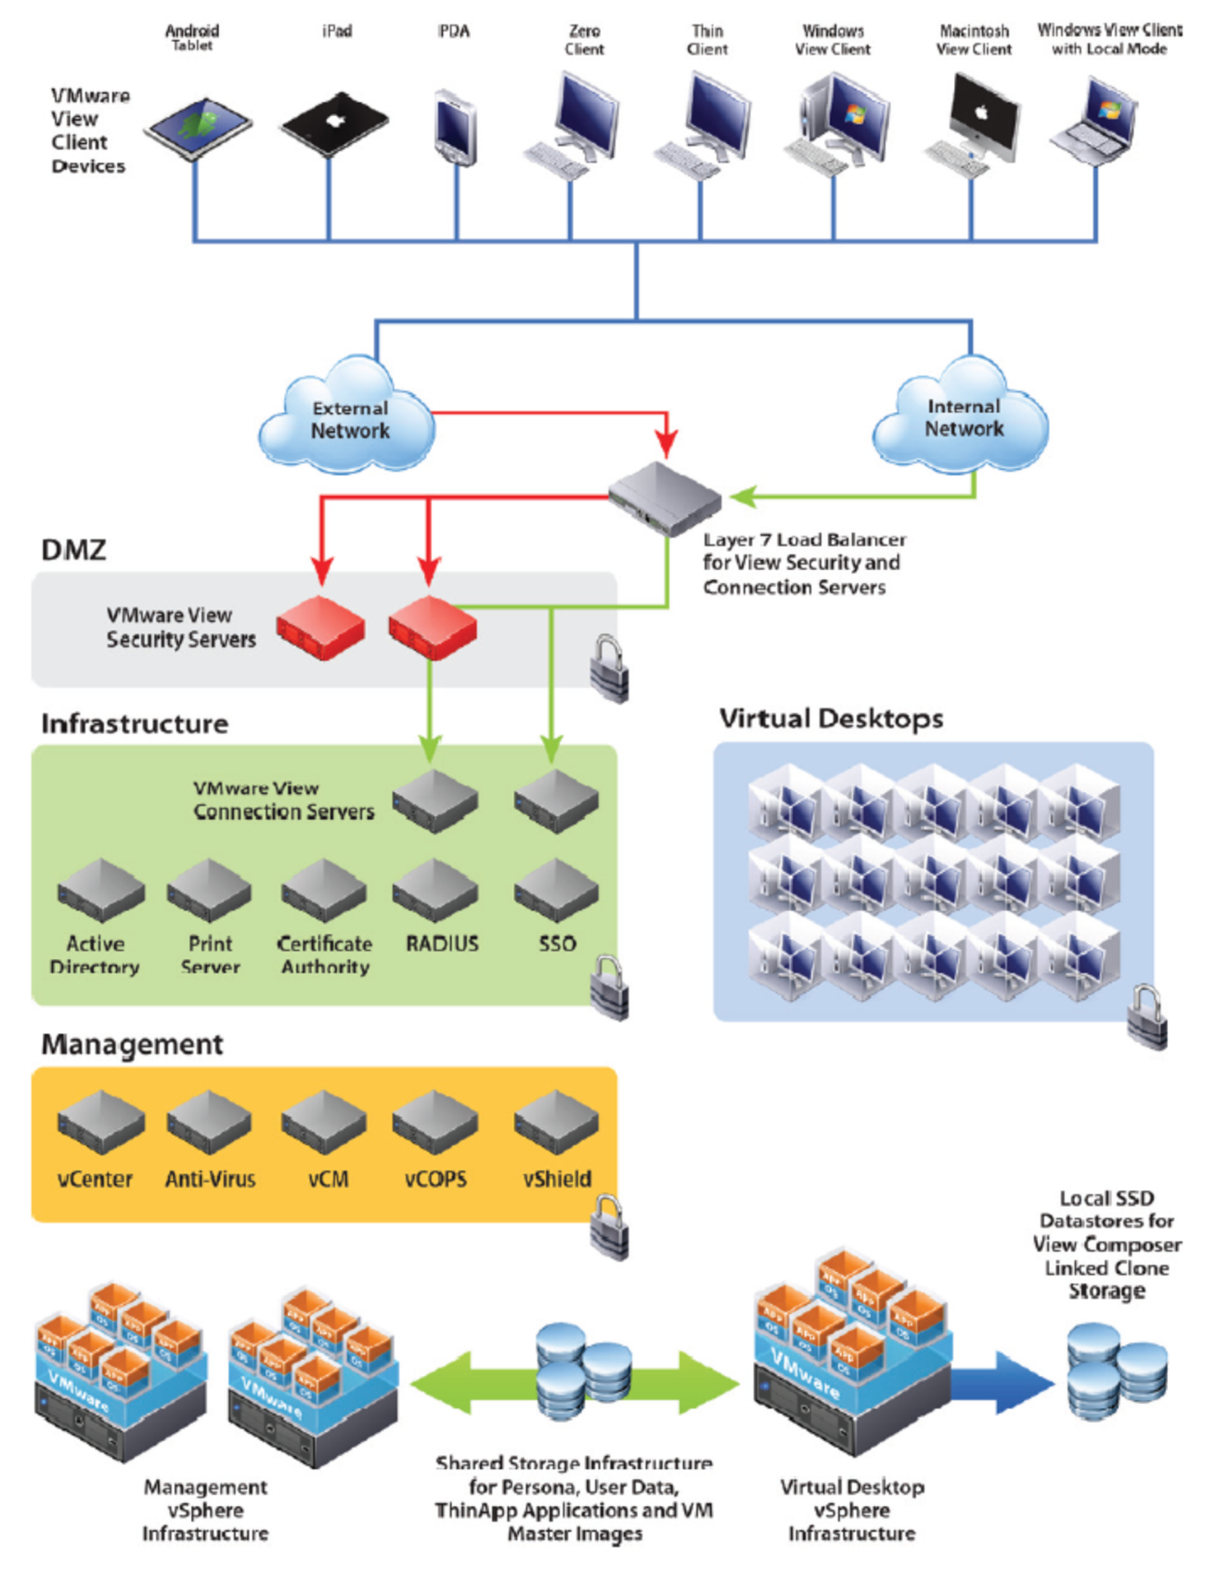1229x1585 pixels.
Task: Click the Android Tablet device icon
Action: pos(198,128)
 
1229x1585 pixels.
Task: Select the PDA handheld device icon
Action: pos(456,127)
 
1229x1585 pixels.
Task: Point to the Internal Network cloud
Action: pos(963,418)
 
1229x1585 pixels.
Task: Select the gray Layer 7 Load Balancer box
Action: pos(665,498)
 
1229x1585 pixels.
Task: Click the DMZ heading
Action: pos(73,550)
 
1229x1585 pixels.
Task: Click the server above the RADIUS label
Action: pos(435,891)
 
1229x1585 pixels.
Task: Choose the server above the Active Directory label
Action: pos(100,891)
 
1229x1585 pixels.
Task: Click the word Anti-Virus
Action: pos(210,1179)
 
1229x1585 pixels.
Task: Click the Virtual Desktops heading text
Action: pos(831,719)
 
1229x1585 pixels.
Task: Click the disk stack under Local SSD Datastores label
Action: pos(1117,1371)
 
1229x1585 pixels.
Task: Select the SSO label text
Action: pos(557,943)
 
